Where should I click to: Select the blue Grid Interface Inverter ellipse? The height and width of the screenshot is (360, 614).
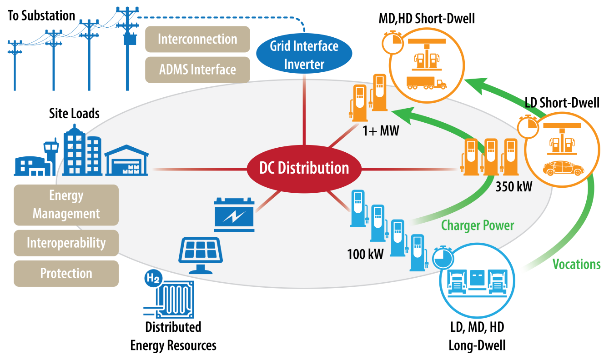tap(304, 55)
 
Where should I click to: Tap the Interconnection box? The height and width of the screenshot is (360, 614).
tap(197, 39)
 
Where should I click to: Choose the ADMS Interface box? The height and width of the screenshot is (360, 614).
tap(197, 70)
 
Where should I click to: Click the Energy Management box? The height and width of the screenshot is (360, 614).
tap(66, 205)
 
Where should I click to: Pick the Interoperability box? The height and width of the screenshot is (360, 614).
tap(66, 243)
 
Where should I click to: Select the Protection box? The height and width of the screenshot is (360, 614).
tap(66, 273)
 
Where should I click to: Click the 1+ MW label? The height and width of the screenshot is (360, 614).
tap(380, 131)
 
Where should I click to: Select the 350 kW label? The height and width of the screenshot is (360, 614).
tap(513, 186)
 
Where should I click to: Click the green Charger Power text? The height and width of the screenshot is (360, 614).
tap(478, 225)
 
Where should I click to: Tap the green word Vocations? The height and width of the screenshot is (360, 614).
tap(576, 264)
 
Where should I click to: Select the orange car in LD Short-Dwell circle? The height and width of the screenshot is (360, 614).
tap(564, 169)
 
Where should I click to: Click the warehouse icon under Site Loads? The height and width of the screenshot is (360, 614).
tap(126, 161)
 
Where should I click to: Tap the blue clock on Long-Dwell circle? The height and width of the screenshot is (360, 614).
tap(442, 258)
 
